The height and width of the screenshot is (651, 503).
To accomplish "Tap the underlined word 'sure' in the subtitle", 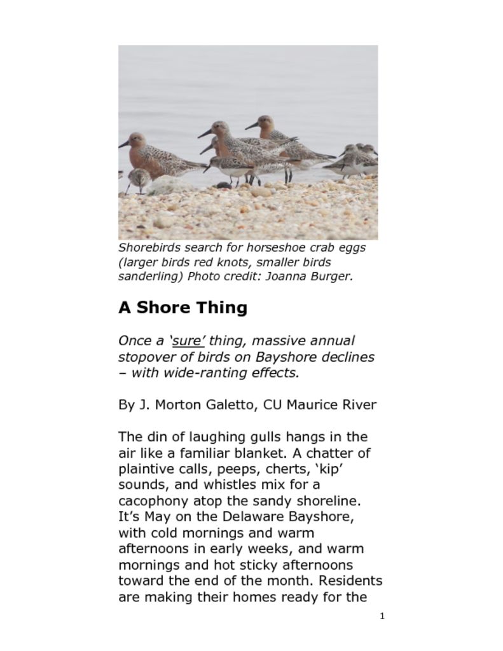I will coord(188,341).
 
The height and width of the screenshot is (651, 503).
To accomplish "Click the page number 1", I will coord(382,616).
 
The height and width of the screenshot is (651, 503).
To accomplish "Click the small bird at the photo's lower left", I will coord(138,179).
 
